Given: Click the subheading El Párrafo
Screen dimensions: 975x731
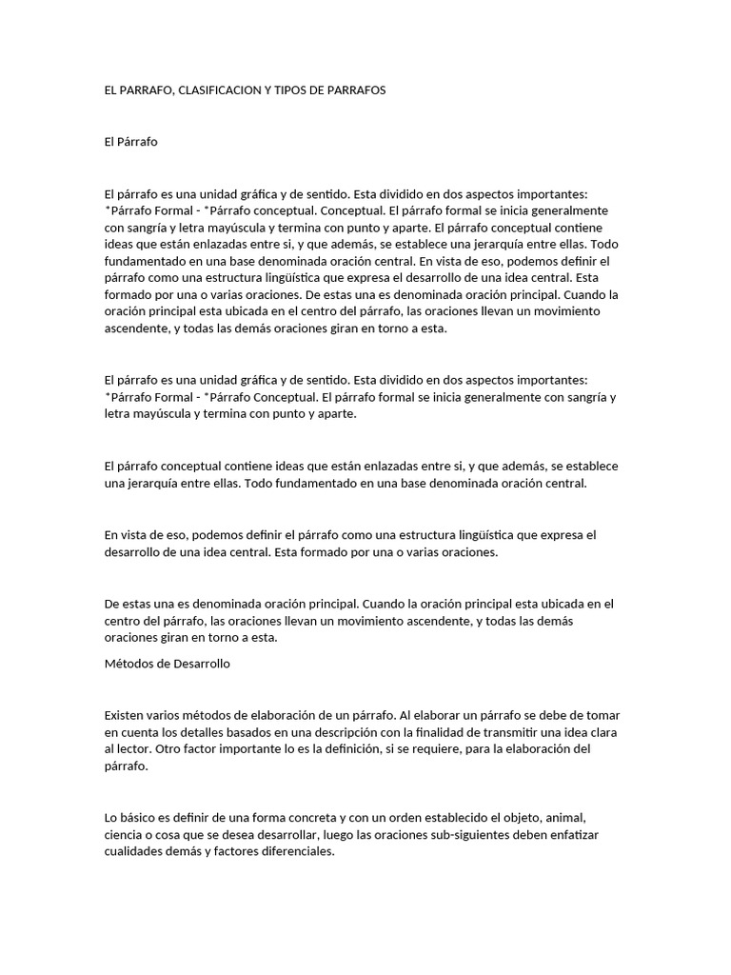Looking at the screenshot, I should click(x=130, y=142).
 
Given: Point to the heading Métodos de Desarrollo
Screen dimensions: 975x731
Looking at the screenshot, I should click(x=167, y=665).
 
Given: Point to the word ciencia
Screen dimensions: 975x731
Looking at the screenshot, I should click(x=126, y=835).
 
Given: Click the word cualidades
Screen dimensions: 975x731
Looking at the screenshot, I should click(x=136, y=852).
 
